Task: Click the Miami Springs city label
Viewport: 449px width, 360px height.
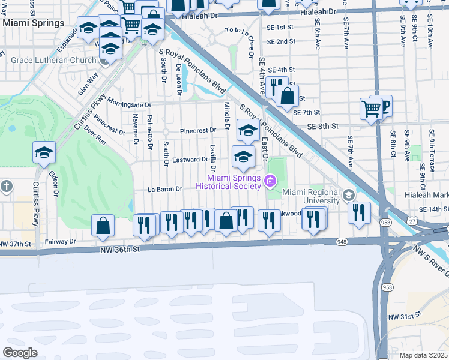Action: (x=33, y=23)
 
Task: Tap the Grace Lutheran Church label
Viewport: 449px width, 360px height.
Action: (x=53, y=61)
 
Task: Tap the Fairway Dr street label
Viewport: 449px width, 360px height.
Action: (x=60, y=242)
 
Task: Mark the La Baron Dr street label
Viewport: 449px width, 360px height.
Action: (x=165, y=190)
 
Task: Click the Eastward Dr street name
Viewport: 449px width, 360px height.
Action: (x=190, y=160)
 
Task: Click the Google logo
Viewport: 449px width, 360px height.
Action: (x=20, y=352)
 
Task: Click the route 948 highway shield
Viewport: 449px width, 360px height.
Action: (x=342, y=242)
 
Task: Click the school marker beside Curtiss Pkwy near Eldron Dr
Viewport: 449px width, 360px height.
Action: (x=44, y=153)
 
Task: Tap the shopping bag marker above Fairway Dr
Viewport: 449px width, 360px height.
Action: (x=103, y=226)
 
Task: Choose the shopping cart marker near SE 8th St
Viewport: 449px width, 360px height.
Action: (x=371, y=109)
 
